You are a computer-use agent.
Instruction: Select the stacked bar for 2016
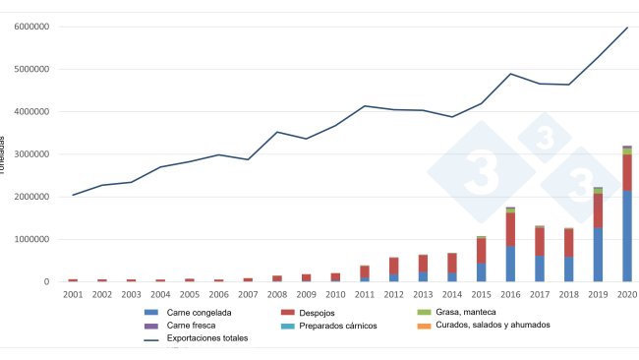point(510,245)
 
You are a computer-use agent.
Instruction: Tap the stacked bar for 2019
point(598,235)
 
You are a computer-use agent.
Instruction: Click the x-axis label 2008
point(276,293)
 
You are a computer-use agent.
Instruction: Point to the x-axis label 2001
point(72,293)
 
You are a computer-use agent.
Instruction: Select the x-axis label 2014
point(451,293)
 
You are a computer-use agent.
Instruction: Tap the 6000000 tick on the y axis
point(32,28)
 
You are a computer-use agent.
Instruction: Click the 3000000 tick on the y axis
point(32,154)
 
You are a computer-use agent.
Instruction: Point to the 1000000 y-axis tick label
point(32,239)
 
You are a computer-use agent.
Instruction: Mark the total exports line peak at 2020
point(627,28)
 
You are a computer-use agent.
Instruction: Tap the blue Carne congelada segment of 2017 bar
point(540,269)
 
